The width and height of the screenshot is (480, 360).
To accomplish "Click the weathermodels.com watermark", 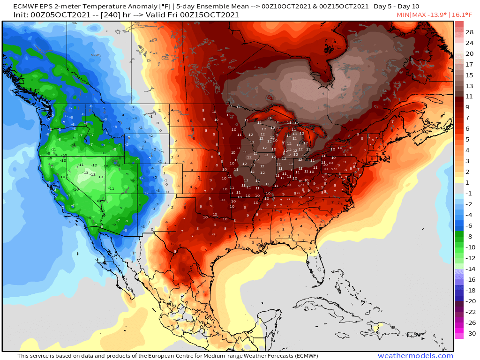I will [415, 356].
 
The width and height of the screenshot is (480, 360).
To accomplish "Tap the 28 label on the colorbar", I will [469, 32].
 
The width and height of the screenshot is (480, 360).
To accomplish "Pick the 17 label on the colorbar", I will [469, 64].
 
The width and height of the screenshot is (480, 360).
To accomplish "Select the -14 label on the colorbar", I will [469, 269].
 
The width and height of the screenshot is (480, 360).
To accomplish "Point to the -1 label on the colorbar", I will [469, 193].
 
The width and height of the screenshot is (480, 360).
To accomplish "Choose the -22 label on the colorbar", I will [469, 312].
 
